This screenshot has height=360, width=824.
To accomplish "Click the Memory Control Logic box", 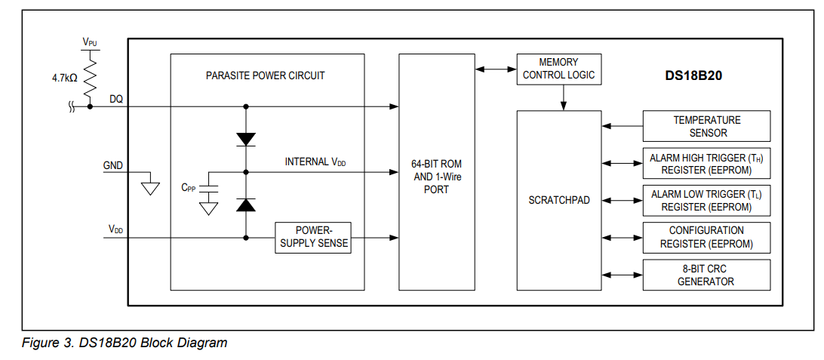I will [558, 69].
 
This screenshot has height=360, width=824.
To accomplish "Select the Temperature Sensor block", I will [706, 126].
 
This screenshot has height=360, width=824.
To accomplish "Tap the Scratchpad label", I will [558, 201].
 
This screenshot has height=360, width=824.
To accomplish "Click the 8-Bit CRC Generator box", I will [706, 275].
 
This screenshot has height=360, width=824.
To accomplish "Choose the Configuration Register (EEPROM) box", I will [706, 237].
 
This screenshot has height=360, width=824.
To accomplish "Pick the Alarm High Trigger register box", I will [706, 163].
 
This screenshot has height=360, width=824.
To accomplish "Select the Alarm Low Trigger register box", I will [706, 200].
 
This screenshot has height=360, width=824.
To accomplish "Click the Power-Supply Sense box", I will [313, 237].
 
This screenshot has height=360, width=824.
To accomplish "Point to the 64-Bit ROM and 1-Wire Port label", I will [436, 177].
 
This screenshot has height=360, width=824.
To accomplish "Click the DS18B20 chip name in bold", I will [693, 75].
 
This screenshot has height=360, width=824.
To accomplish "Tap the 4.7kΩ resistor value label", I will [64, 78].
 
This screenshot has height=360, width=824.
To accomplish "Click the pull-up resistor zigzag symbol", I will [90, 78].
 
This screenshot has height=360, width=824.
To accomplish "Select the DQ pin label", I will [116, 99].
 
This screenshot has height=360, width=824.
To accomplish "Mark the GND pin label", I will [113, 165].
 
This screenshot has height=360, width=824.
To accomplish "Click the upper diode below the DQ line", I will [246, 139].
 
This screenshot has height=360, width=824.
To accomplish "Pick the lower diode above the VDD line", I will [246, 205].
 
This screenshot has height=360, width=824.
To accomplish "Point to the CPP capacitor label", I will [189, 189].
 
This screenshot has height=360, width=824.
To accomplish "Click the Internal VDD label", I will [315, 162].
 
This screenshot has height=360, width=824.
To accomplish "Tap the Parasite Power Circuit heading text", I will [265, 75].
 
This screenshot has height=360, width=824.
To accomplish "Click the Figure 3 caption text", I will [125, 343].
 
